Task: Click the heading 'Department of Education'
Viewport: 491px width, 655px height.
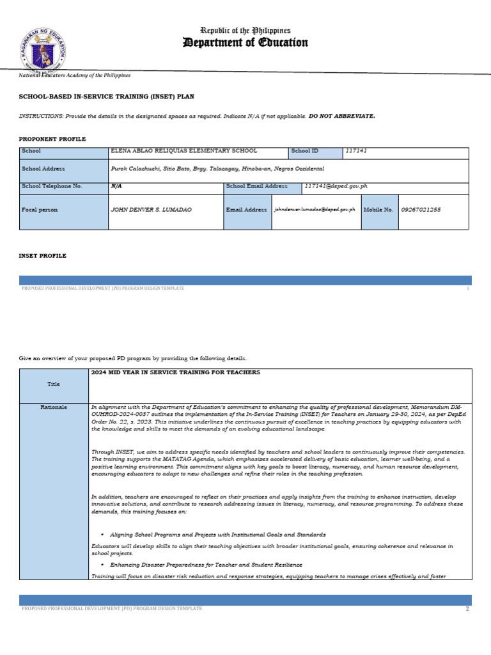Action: click(245, 43)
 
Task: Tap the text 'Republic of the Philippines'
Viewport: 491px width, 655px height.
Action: click(245, 31)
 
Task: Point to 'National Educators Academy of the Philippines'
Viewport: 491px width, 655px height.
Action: click(75, 75)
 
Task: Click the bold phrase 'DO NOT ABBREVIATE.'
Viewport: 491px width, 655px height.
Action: click(342, 116)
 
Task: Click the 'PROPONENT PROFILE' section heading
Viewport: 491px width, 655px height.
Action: click(52, 139)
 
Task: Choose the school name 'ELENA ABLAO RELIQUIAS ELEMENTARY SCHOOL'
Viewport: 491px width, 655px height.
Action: click(184, 151)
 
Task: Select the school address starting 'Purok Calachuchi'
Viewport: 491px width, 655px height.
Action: click(217, 168)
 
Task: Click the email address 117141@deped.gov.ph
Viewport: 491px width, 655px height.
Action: click(336, 186)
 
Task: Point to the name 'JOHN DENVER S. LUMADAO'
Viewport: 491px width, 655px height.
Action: click(151, 210)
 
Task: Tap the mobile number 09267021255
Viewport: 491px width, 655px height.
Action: click(421, 210)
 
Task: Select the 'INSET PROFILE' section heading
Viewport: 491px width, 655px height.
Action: click(43, 256)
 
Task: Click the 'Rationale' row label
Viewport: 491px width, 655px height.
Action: click(54, 407)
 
